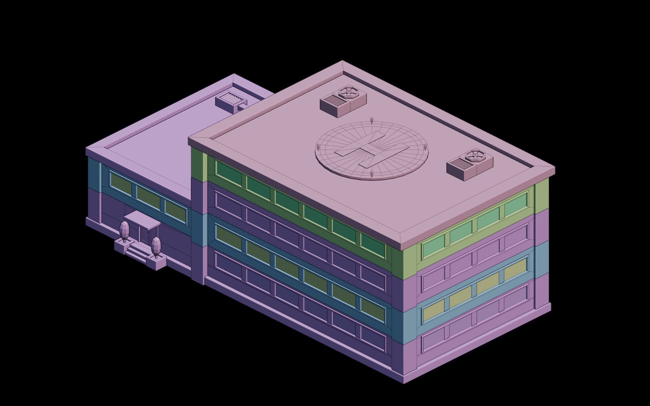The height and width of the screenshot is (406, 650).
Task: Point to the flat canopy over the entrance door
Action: [142, 219]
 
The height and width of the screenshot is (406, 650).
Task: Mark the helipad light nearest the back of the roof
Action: [371, 120]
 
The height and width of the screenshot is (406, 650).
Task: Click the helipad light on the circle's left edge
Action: [318, 146]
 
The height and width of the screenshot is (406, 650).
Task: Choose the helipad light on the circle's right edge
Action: [425, 147]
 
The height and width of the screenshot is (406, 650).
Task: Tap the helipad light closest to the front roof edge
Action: [372, 174]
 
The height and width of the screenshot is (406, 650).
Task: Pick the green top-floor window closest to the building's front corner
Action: [373, 246]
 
